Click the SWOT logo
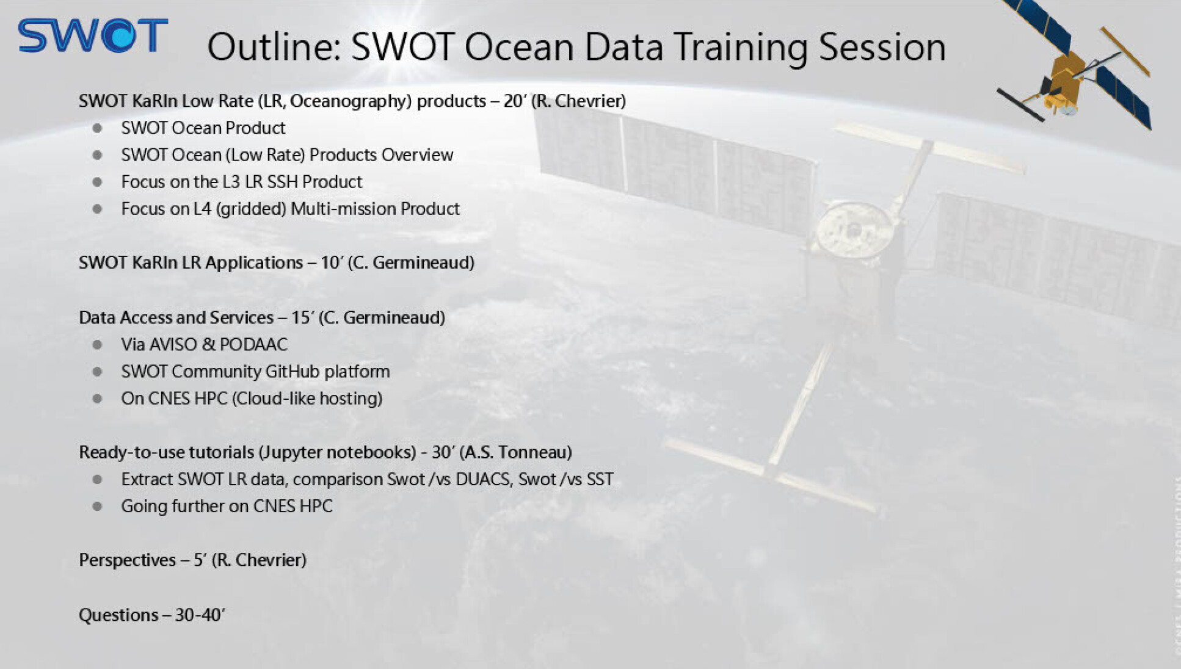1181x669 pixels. [x=93, y=35]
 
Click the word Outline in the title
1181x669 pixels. [x=274, y=47]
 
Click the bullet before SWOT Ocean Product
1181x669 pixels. [x=97, y=128]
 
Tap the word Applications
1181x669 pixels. [x=254, y=263]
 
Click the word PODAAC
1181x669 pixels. [x=253, y=345]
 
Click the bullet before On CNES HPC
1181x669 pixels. [x=97, y=399]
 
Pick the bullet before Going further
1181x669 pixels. [x=97, y=507]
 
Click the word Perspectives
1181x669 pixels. [x=127, y=561]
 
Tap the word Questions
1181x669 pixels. [x=118, y=615]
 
